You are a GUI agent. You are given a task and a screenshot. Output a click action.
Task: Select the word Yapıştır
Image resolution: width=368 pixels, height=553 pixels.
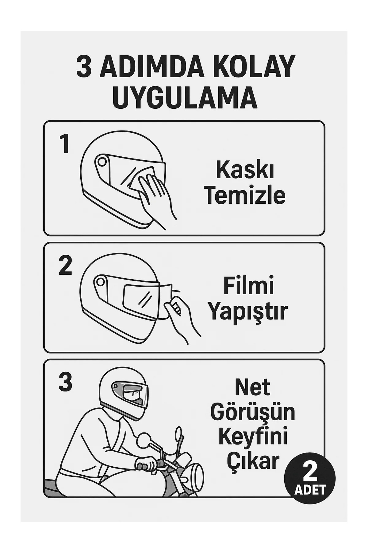tap(248, 312)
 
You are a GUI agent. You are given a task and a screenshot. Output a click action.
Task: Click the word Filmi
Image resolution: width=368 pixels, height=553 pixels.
tap(248, 286)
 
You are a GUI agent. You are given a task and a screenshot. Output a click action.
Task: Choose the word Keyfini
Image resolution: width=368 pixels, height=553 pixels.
tap(253, 439)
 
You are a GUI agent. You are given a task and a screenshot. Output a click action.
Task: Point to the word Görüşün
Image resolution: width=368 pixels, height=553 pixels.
tap(253, 413)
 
